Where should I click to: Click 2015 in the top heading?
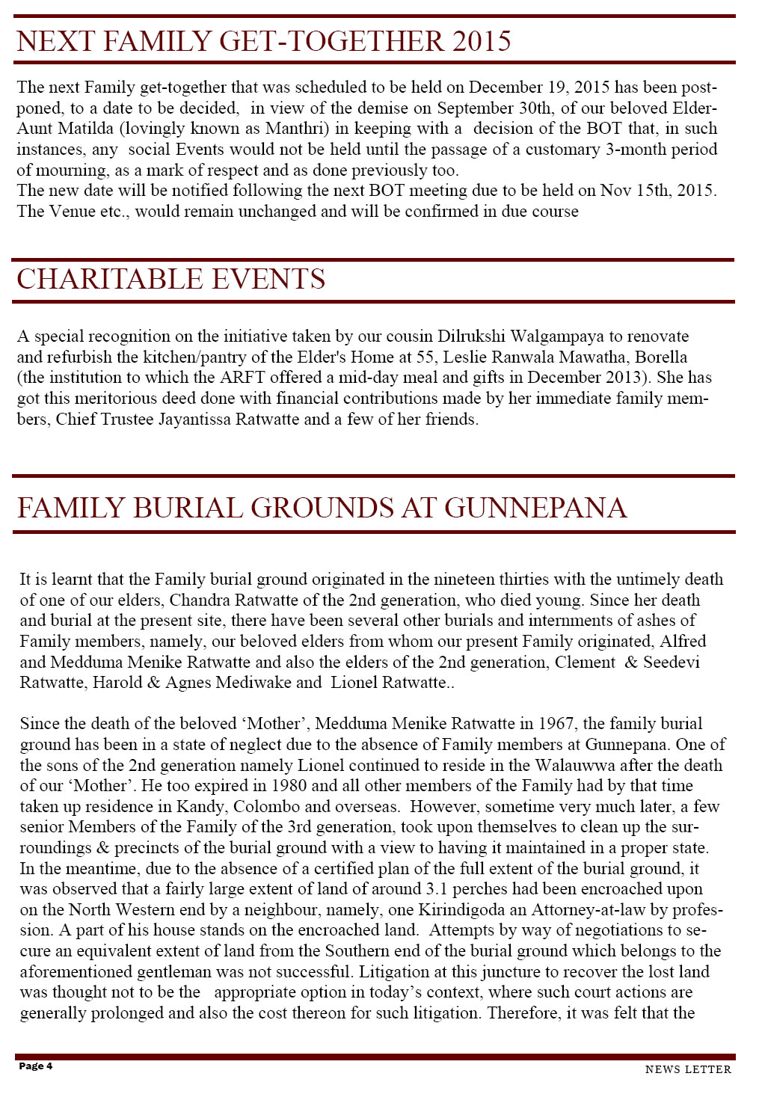tap(482, 41)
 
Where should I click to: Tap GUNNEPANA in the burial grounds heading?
tap(535, 508)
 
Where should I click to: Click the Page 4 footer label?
tap(35, 1066)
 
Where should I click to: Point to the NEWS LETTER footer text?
tap(688, 1069)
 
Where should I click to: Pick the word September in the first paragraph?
tap(476, 108)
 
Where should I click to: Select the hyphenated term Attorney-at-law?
tap(589, 910)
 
